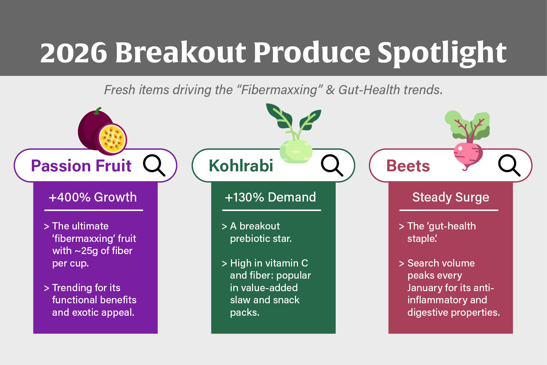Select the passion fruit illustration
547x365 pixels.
[102, 131]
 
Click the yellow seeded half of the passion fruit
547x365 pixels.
[113, 139]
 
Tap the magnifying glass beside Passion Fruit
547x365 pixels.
[154, 165]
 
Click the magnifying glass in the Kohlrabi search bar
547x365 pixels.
[332, 165]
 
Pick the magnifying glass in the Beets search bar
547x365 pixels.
[509, 165]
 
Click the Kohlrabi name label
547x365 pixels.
[241, 166]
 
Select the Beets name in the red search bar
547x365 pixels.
[408, 166]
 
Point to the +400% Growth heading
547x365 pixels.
[93, 197]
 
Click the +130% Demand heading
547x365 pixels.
[270, 197]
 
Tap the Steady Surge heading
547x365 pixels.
[451, 197]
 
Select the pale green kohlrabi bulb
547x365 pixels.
[296, 151]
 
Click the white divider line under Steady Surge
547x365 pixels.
[449, 210]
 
